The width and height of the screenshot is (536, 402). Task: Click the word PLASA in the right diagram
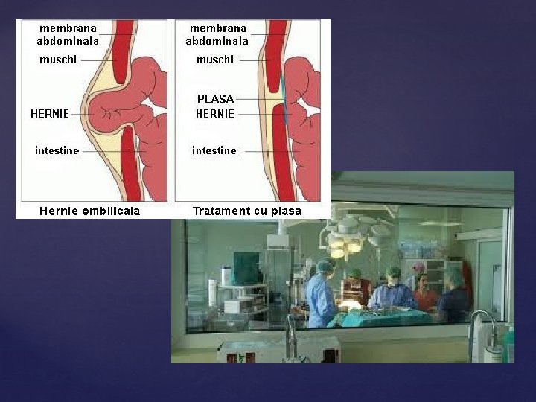(215, 98)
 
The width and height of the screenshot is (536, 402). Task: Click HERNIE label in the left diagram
(50, 114)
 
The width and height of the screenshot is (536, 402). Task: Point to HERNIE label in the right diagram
(215, 114)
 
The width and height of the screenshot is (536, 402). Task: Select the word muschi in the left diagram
(57, 60)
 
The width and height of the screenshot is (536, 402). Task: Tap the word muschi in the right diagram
(215, 60)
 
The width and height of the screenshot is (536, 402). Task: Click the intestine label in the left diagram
(57, 150)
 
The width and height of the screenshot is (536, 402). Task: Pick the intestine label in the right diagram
(214, 150)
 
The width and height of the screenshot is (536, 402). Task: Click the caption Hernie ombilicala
(89, 211)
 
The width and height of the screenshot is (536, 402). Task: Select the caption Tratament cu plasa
(247, 211)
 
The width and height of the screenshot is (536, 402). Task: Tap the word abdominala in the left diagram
(68, 42)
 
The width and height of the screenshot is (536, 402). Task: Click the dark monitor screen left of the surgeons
(246, 268)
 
